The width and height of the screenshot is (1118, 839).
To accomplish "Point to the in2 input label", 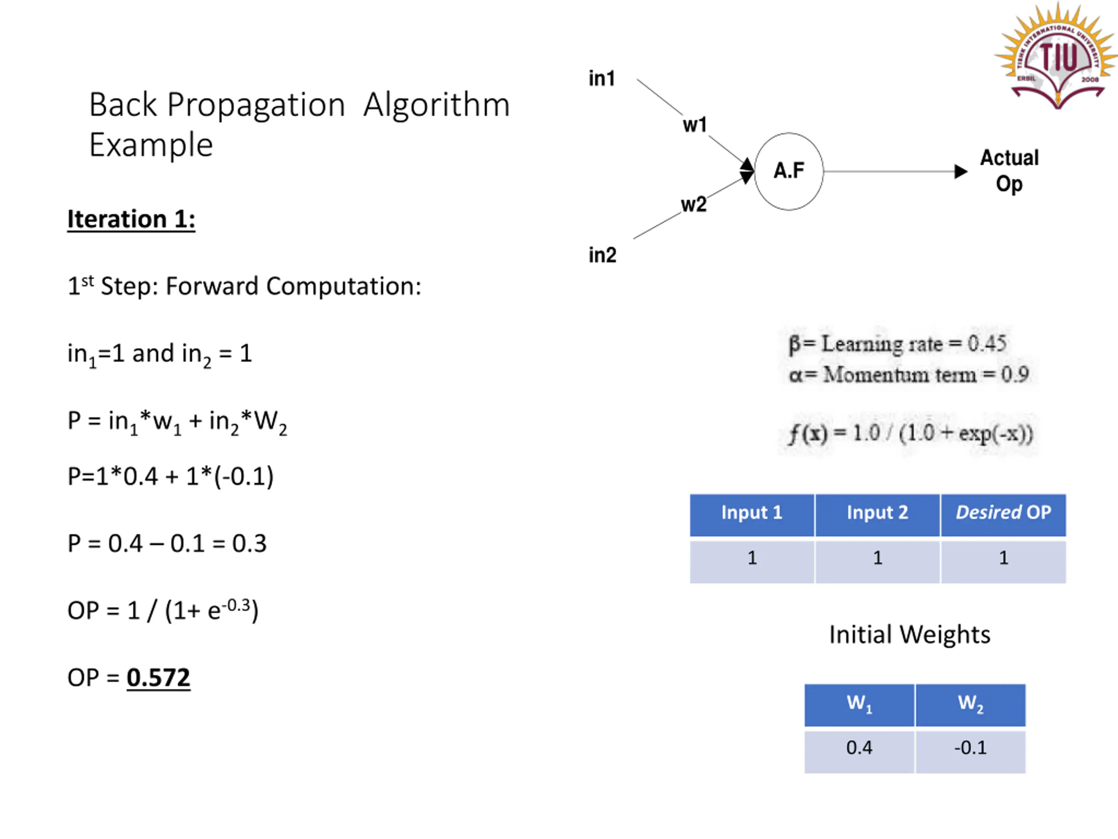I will point(602,255).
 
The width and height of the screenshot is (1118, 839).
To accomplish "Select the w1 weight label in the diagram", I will point(694,125).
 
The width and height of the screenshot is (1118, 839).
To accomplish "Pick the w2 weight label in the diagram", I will point(694,205).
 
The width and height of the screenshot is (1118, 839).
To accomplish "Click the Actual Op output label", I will point(1009,171).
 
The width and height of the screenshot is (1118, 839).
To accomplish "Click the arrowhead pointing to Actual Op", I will point(960,171).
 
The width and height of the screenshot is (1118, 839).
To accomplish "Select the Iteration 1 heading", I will point(131,219).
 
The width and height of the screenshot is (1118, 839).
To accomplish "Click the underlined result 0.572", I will point(158,678).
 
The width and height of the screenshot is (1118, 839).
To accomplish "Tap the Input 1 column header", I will point(752,513).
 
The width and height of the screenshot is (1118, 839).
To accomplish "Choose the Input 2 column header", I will point(877,513).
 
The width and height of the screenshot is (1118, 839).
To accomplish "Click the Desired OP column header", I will point(1003,513).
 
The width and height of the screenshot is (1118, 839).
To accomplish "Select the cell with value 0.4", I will point(859,748).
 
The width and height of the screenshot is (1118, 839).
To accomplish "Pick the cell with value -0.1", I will point(970,748).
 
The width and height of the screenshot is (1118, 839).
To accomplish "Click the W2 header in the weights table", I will point(970,704).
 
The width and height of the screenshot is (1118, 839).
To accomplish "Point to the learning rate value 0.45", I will point(987,344).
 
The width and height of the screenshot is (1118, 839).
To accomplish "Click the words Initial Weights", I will point(910,634).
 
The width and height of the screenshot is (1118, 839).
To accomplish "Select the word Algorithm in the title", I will point(436,105).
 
